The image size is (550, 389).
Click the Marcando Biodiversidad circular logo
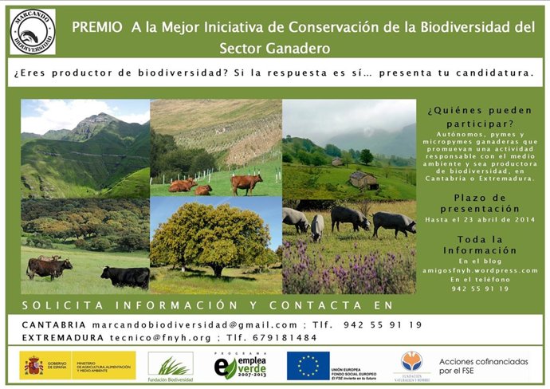(x=33, y=32)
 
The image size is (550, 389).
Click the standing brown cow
(x=246, y=183)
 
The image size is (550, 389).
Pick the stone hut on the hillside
(x=363, y=180)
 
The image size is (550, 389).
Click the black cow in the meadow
(x=124, y=276)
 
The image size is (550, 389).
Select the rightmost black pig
(x=394, y=222)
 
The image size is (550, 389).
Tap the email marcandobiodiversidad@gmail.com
(x=194, y=324)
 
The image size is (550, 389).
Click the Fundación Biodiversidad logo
(x=170, y=366)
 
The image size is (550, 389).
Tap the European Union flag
(x=308, y=365)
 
